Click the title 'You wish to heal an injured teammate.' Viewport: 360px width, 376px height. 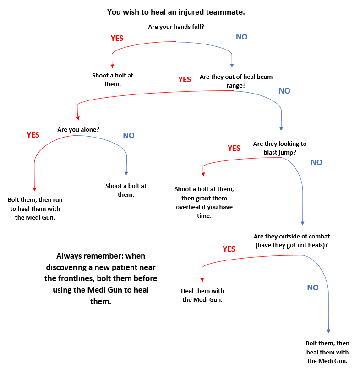tap(176, 12)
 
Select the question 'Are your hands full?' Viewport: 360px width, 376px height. tap(176, 27)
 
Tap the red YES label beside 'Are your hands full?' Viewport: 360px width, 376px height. tap(117, 38)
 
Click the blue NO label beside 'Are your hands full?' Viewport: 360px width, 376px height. tap(241, 37)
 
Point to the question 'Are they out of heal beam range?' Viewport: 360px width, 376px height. tap(236, 81)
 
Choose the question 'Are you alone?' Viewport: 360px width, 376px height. tap(78, 130)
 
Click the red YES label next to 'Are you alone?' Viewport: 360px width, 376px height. tap(33, 135)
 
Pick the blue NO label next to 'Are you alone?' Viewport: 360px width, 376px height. tap(129, 135)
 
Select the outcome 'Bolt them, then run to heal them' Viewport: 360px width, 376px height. tap(35, 209)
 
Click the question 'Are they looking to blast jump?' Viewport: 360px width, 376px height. tap(280, 148)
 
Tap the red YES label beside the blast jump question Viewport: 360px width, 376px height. tap(234, 148)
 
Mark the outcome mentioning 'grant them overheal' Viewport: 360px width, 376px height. tap(204, 202)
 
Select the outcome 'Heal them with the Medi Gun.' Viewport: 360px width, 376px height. tap(202, 295)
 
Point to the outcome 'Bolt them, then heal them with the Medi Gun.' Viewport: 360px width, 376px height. tap(327, 352)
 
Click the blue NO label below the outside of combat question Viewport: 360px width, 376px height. tap(313, 288)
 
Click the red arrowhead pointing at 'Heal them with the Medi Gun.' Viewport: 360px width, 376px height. tap(202, 281)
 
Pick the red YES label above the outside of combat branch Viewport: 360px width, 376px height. tap(229, 249)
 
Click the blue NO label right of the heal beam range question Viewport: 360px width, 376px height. tap(284, 91)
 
